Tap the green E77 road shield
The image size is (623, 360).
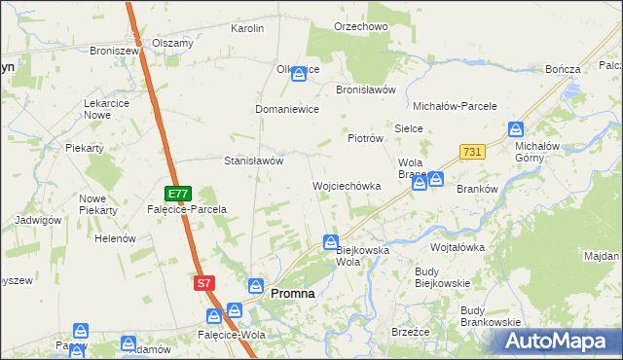(177, 194)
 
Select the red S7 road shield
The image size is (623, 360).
(202, 282)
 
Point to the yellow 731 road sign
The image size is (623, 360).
(472, 152)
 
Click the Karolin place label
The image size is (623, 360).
(247, 28)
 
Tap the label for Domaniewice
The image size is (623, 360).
(287, 109)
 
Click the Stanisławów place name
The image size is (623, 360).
(253, 161)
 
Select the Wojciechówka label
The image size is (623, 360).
(346, 185)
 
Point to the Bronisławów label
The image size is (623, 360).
(365, 89)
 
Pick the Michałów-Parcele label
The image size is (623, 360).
(456, 105)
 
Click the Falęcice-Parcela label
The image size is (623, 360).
(187, 209)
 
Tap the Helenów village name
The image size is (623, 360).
(114, 238)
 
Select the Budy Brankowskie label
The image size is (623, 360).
(491, 315)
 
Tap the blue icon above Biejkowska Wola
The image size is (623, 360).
(331, 241)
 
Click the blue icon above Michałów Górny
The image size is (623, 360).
(516, 129)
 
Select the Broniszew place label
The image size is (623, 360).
(116, 50)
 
